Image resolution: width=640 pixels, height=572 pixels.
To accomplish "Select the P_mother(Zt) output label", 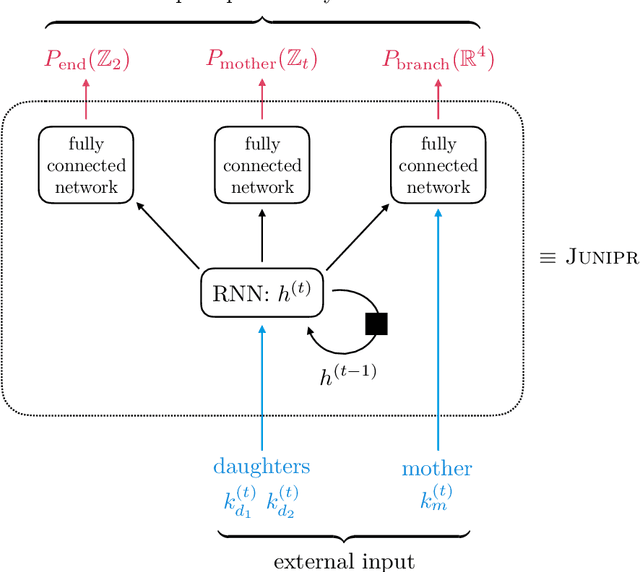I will click(262, 59).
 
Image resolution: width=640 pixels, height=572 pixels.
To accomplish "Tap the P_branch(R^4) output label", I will click(438, 59).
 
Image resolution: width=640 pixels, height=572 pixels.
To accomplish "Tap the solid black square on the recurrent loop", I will click(376, 323).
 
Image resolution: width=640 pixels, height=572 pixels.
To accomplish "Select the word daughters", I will click(262, 467).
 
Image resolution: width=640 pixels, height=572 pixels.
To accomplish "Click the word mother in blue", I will click(437, 468).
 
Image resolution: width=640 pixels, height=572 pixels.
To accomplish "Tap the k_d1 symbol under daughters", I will click(239, 499).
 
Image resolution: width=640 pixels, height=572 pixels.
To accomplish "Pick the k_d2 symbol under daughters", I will click(283, 499).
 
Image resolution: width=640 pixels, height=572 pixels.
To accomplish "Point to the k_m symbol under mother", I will click(438, 499).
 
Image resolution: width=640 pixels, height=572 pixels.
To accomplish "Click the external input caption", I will click(344, 560).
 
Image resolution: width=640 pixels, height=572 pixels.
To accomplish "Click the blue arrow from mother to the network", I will click(438, 320).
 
